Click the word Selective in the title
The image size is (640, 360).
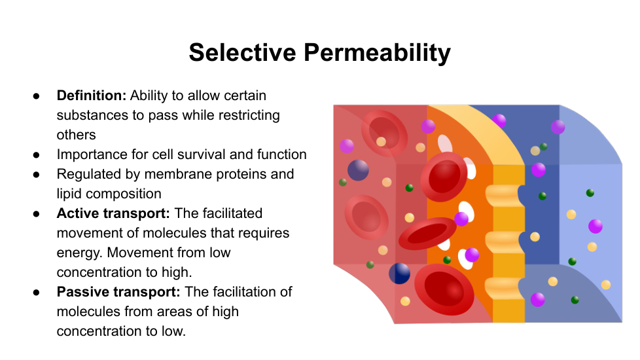click(x=242, y=52)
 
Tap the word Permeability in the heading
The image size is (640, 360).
click(x=377, y=54)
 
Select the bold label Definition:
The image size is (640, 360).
click(x=92, y=96)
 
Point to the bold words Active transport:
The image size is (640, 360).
click(x=113, y=213)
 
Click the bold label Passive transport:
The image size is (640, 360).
click(x=118, y=292)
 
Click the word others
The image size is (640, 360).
click(x=77, y=135)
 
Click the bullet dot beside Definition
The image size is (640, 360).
click(x=37, y=96)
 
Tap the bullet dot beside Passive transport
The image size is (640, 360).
click(x=37, y=293)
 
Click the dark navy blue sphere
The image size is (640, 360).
click(x=399, y=273)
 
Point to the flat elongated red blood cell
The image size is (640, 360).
click(x=427, y=234)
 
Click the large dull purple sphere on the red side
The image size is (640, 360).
click(x=358, y=170)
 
